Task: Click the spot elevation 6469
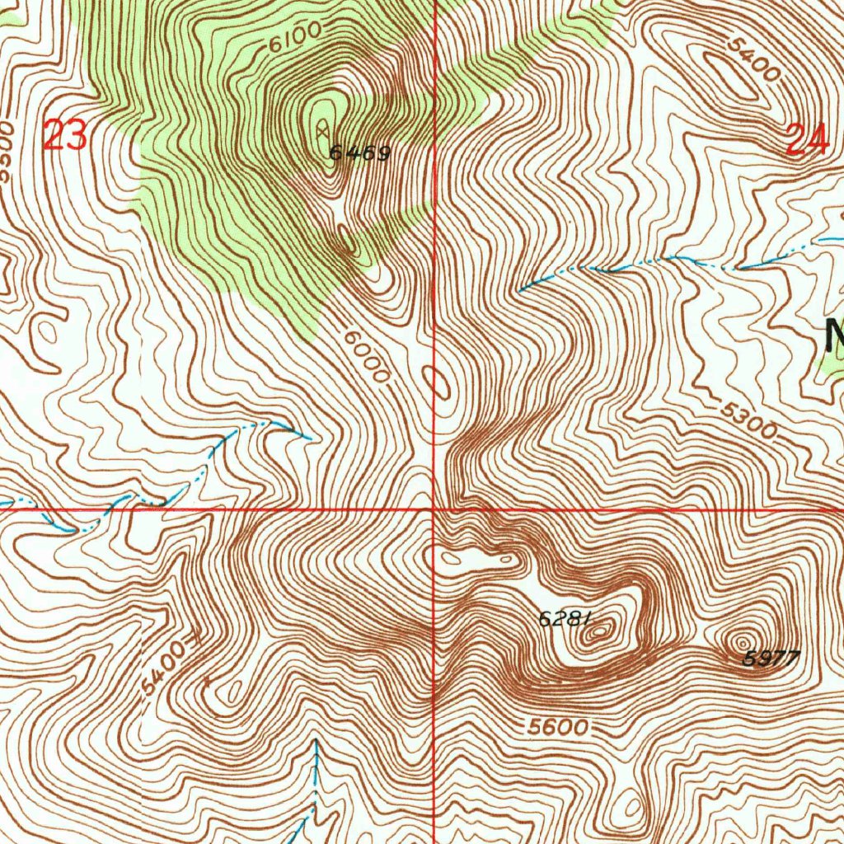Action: pos(359,152)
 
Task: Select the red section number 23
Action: pos(65,136)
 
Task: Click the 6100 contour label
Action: pos(294,38)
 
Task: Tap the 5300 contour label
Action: pos(749,420)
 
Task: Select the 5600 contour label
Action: pos(559,727)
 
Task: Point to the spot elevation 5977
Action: pos(771,658)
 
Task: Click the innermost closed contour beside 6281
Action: pos(603,633)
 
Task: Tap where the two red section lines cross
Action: pos(435,509)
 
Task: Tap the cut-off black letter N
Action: pos(834,333)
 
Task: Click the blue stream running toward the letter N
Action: pos(676,260)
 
